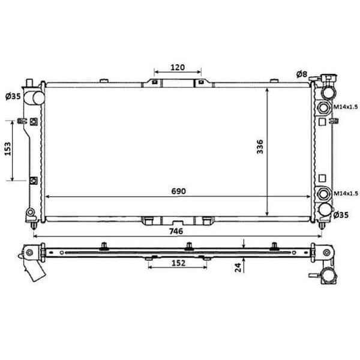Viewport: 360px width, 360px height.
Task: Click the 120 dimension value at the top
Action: pos(178,67)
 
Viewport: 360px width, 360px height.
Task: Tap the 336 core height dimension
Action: pos(260,147)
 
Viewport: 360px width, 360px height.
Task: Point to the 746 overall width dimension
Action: pos(176,231)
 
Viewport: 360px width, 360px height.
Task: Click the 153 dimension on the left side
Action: pos(8,149)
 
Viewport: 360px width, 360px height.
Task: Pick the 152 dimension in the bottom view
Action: pos(178,263)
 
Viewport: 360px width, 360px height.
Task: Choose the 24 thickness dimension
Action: pos(238,268)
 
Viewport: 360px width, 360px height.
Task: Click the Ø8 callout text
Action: pos(302,74)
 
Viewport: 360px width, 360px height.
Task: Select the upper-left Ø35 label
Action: pos(13,97)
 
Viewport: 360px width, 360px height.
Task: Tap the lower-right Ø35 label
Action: pos(341,215)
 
